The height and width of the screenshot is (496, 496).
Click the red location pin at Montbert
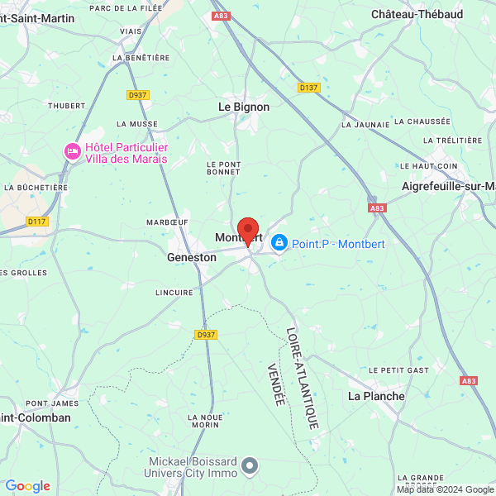click(248, 231)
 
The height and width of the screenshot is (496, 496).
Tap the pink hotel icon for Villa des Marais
click(73, 152)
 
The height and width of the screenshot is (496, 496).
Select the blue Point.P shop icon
click(279, 242)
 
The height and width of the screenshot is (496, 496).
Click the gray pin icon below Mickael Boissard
click(250, 468)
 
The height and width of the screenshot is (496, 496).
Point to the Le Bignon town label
click(243, 107)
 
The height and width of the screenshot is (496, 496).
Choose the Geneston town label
click(191, 257)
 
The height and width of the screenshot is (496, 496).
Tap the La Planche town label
click(376, 396)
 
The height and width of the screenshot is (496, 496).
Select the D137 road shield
click(308, 87)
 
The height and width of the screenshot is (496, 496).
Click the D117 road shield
click(37, 221)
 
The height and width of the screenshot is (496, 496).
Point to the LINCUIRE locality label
click(174, 292)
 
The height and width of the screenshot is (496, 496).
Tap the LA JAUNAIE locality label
click(365, 124)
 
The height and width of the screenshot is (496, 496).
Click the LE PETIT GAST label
click(398, 369)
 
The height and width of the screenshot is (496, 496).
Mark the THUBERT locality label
click(66, 105)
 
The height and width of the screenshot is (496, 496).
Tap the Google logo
click(27, 486)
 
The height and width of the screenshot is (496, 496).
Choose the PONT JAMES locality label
click(52, 403)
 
